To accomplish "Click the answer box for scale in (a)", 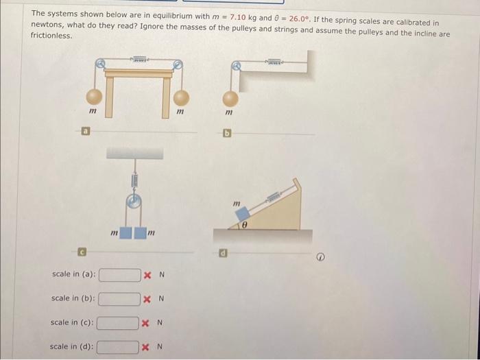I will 120,275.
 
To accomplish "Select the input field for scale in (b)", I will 120,299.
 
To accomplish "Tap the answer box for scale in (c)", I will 118,323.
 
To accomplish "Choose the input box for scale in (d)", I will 117,347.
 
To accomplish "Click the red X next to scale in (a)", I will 148,275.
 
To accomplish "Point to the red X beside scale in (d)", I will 145,347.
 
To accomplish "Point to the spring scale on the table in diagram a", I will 140,61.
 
